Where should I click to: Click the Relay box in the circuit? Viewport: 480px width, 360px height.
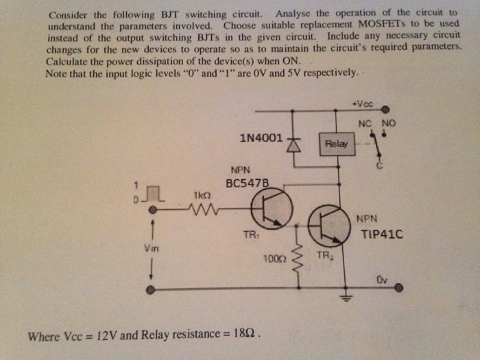pos(337,144)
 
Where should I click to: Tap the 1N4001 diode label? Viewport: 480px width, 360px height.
pos(261,138)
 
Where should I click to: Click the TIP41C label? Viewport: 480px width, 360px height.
pos(382,234)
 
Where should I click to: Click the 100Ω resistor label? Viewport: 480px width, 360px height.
pos(274,259)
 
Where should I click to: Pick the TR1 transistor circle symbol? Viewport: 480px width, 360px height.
pos(272,210)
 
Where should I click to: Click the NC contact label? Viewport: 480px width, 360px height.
pos(365,123)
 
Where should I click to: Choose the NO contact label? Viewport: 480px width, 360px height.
pos(389,123)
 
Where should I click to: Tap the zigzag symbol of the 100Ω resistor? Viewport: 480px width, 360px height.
pos(296,259)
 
